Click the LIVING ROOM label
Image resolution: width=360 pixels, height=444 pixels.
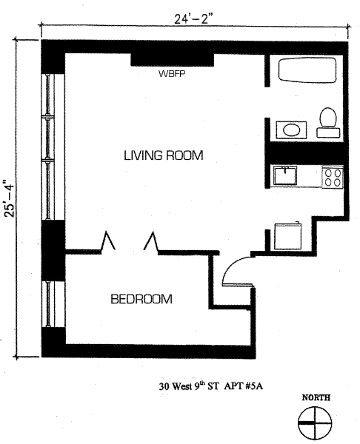[164, 155]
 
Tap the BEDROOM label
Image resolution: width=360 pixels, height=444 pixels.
[141, 299]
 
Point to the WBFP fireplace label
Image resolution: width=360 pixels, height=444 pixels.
[172, 74]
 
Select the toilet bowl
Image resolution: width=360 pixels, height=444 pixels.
[328, 117]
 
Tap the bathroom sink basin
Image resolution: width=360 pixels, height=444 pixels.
[291, 130]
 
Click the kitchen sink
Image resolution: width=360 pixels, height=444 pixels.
[285, 175]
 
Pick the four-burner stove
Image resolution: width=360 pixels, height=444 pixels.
[333, 178]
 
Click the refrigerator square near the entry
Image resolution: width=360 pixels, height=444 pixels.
[288, 237]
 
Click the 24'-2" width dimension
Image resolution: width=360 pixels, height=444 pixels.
[193, 19]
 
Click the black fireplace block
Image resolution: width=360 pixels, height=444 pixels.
[172, 60]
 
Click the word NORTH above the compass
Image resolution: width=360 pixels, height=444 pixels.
[316, 397]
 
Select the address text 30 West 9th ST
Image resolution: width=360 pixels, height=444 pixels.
[189, 386]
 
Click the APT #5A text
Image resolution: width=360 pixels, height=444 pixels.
[244, 386]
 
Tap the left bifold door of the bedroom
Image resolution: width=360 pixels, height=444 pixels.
[108, 241]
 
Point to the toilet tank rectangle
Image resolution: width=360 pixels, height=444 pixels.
[328, 132]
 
